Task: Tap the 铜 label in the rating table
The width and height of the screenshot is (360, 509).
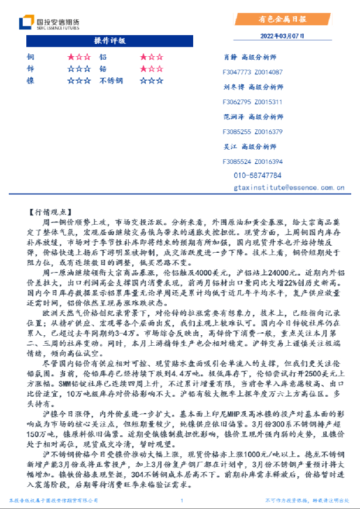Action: tap(30, 57)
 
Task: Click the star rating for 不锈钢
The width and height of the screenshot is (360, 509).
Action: tap(152, 80)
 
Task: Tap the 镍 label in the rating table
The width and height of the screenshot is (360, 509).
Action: tap(30, 80)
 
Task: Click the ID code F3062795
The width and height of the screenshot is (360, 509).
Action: tap(236, 102)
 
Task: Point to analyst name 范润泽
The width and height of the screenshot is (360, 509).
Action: tap(233, 117)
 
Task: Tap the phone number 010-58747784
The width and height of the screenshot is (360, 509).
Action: tap(258, 175)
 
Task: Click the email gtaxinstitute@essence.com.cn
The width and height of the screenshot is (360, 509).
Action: tap(288, 188)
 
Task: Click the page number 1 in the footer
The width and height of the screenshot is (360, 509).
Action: tap(182, 501)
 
